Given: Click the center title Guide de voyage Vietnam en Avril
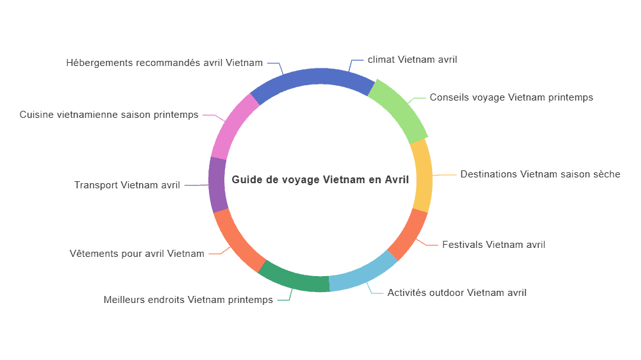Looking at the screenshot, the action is point(320,180).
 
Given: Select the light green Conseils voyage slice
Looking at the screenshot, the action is point(399,111).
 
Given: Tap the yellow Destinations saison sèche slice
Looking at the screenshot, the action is point(422,176).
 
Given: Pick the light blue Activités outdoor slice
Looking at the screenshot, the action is point(362,272).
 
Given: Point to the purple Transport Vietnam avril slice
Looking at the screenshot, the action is point(217,184).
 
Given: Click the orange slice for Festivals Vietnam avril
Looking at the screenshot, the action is point(408,234).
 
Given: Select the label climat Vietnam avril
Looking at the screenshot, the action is point(412,60).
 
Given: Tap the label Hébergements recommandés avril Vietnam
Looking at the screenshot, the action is point(164,63).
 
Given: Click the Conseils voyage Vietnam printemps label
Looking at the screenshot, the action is point(511,97).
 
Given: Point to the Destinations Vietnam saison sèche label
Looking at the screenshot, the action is point(540,174).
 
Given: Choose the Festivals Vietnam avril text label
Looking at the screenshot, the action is point(494,245).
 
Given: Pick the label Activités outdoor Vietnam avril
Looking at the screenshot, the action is point(456,293).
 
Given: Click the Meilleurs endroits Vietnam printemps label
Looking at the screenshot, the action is point(188,300).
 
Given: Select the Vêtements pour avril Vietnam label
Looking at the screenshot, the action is point(137,254).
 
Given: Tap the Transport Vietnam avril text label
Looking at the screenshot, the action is point(127,185).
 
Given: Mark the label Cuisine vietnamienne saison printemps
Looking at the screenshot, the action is point(109,115).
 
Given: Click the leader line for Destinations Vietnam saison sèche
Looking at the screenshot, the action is point(444,175).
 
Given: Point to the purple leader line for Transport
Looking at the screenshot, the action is point(197,185).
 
